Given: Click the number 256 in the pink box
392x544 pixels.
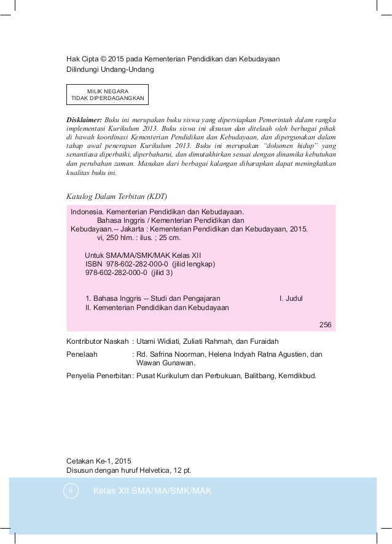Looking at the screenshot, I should point(326,325).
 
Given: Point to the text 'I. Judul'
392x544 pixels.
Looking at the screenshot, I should point(296,299).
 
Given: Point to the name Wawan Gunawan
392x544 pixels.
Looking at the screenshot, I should point(165,363).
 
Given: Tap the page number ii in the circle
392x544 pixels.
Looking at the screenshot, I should point(71,491).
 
